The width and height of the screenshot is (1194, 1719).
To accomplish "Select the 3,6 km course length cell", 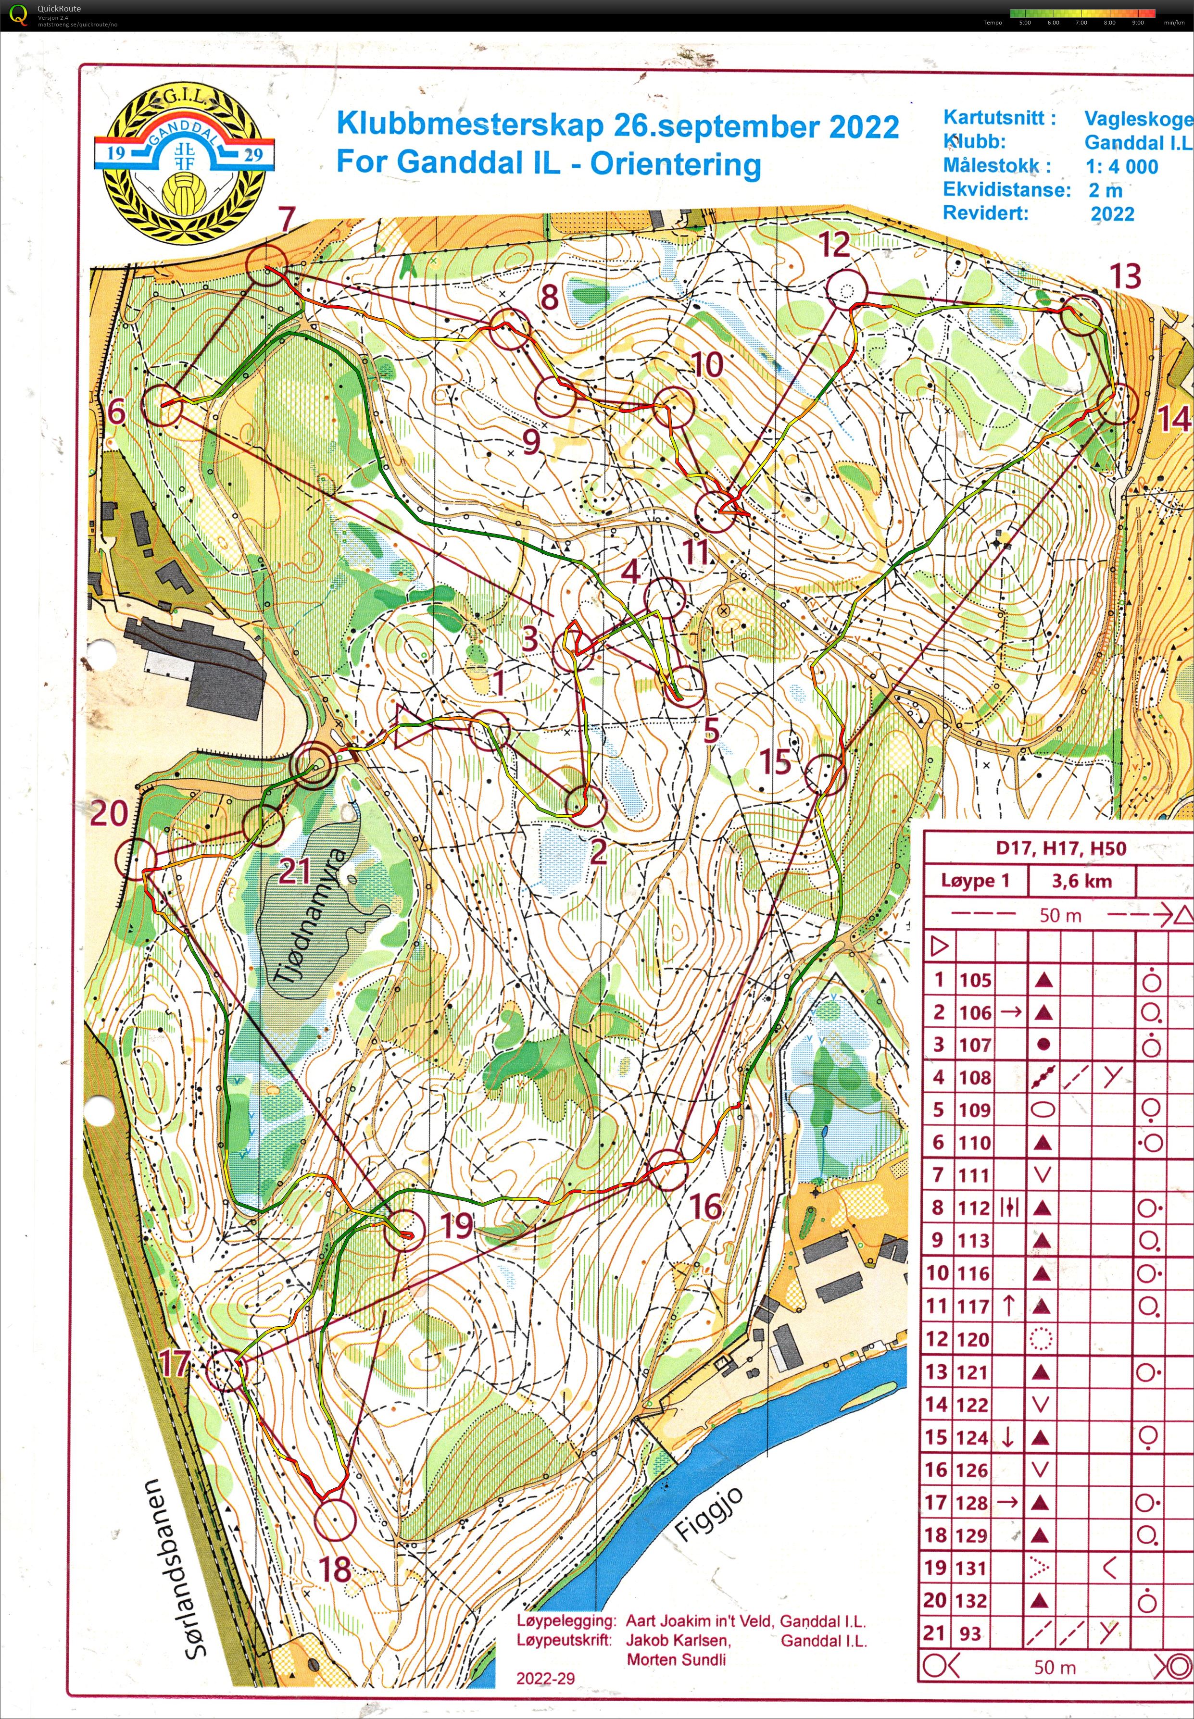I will (x=1081, y=881).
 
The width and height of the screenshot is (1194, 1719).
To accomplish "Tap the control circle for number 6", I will (x=163, y=405).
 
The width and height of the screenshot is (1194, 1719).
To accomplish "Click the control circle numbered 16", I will (x=665, y=1170).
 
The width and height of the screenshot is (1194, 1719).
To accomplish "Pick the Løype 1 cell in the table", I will (x=975, y=881).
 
